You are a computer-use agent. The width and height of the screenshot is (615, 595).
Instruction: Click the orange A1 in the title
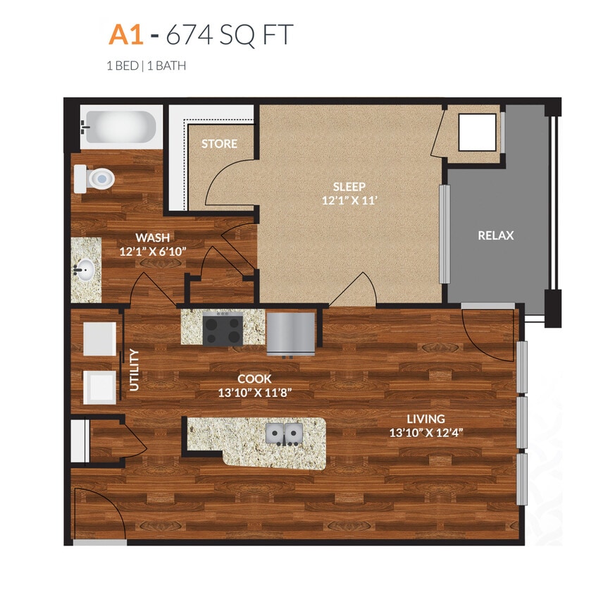(x=124, y=35)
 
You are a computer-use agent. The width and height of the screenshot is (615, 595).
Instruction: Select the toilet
(x=95, y=179)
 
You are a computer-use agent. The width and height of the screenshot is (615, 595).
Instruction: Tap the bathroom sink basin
(x=86, y=269)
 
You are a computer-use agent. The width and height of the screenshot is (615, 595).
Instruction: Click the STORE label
(x=219, y=144)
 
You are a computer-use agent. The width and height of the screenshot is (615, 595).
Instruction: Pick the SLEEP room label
(x=349, y=187)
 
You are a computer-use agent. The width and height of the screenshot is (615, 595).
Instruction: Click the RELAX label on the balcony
(x=496, y=235)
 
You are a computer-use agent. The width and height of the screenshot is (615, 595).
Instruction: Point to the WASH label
(x=152, y=238)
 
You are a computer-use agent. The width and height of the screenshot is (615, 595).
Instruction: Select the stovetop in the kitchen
(x=223, y=329)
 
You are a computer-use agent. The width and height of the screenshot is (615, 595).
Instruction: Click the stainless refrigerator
(x=290, y=332)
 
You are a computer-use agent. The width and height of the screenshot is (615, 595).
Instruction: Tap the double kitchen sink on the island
(x=284, y=433)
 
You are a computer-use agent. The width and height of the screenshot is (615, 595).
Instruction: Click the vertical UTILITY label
(x=134, y=369)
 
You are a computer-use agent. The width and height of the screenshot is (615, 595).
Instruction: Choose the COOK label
(x=254, y=379)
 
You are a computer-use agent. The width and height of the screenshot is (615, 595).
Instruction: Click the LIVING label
(x=425, y=419)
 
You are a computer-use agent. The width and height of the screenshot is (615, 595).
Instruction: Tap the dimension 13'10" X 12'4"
(x=425, y=433)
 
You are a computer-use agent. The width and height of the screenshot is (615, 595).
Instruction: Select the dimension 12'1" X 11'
(x=349, y=201)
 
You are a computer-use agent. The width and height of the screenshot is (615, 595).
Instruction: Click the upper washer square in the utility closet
(x=99, y=338)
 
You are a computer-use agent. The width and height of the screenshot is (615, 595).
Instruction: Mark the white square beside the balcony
(x=477, y=132)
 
